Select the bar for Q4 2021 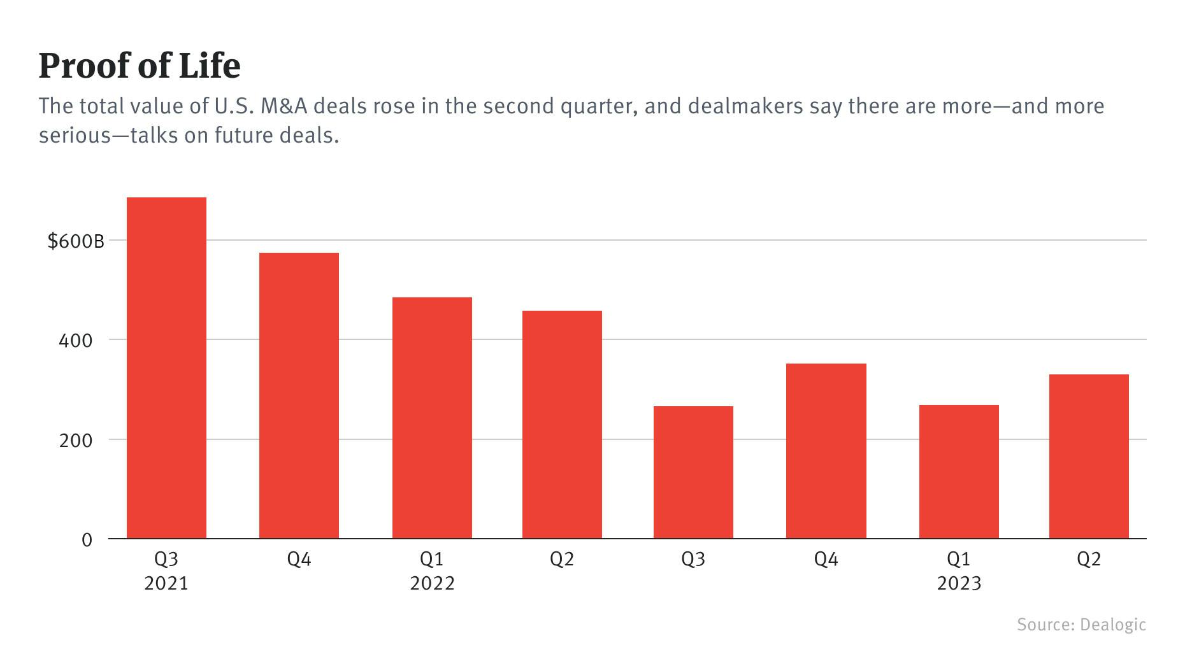click(299, 395)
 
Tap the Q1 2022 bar click(432, 418)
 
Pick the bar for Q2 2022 click(562, 425)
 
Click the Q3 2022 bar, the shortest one click(693, 472)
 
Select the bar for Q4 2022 click(826, 451)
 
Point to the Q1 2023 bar click(959, 472)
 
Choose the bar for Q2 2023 click(1089, 457)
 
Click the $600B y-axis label click(75, 241)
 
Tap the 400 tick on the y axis click(75, 341)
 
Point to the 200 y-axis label click(75, 441)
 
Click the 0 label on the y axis click(87, 540)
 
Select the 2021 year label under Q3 click(166, 583)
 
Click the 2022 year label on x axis click(432, 583)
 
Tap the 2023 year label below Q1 click(959, 583)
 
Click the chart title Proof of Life click(140, 66)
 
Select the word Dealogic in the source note click(1112, 625)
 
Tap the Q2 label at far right click(1089, 559)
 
